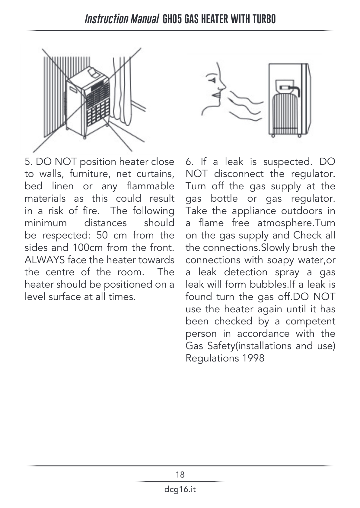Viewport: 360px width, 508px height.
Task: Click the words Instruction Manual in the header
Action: click(x=122, y=19)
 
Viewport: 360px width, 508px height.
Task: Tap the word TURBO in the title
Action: click(x=264, y=19)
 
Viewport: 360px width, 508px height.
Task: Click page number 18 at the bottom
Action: click(x=180, y=475)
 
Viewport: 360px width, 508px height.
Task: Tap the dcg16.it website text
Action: click(x=180, y=489)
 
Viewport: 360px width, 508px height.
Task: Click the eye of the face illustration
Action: click(x=212, y=80)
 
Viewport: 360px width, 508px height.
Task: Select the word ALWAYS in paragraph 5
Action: click(x=45, y=260)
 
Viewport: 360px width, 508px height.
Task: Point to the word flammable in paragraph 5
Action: click(x=151, y=186)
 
